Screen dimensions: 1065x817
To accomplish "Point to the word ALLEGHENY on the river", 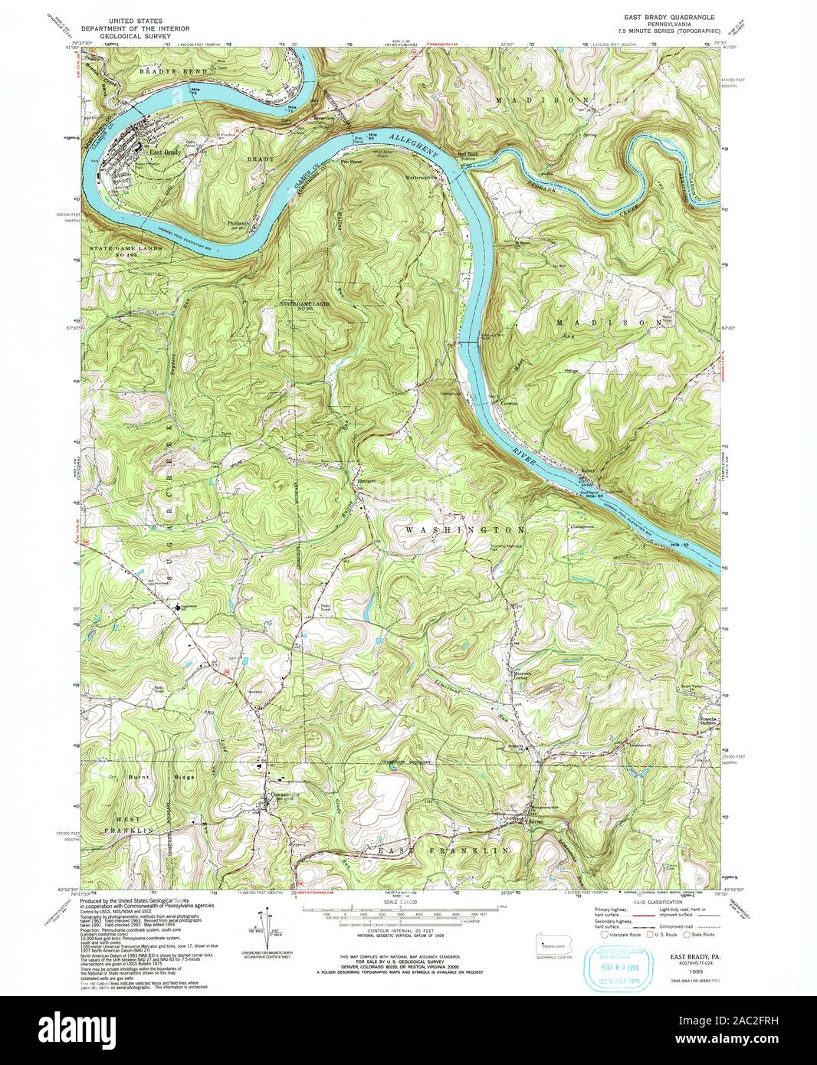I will pyautogui.click(x=414, y=146).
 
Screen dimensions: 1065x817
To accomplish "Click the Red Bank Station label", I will pyautogui.click(x=468, y=156).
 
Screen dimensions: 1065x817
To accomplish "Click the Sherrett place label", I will pyautogui.click(x=366, y=480).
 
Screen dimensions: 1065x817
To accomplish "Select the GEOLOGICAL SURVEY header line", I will pyautogui.click(x=140, y=34).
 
